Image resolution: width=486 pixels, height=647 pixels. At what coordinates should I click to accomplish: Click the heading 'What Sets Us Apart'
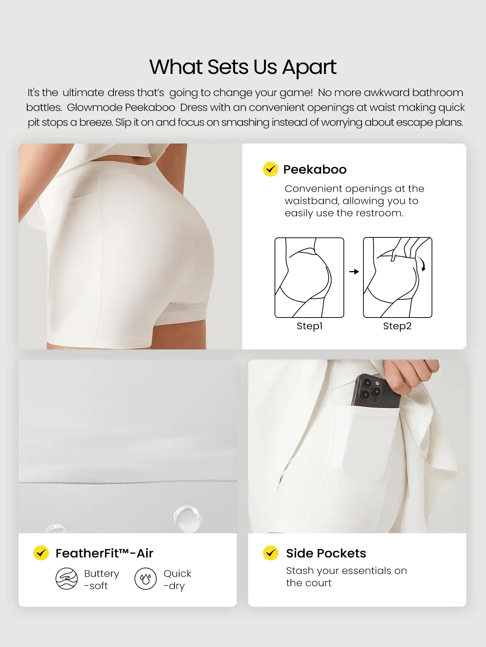(x=243, y=67)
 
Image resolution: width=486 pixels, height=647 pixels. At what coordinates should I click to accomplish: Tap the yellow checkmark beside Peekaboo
(x=271, y=169)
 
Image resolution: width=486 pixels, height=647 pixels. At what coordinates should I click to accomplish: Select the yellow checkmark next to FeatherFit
(x=41, y=553)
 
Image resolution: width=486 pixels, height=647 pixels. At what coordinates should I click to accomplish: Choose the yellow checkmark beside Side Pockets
(x=271, y=553)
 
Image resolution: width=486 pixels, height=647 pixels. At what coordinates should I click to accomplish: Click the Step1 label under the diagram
(x=309, y=326)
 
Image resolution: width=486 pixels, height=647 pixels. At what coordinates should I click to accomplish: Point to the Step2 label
(x=397, y=326)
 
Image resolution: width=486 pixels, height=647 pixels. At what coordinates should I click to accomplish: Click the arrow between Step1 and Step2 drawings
(x=354, y=271)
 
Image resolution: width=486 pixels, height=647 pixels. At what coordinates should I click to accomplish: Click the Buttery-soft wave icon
(x=66, y=579)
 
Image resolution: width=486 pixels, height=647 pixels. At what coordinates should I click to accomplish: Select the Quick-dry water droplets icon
(x=145, y=579)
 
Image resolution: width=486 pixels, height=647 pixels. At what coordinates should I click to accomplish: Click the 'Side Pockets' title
(x=326, y=553)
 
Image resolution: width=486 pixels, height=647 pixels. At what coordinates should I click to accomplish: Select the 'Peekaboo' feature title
(x=315, y=169)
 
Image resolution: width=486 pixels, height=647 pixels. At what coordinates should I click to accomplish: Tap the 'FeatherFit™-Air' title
(x=104, y=553)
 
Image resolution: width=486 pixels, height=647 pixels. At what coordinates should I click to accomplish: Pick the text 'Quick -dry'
(x=177, y=579)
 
